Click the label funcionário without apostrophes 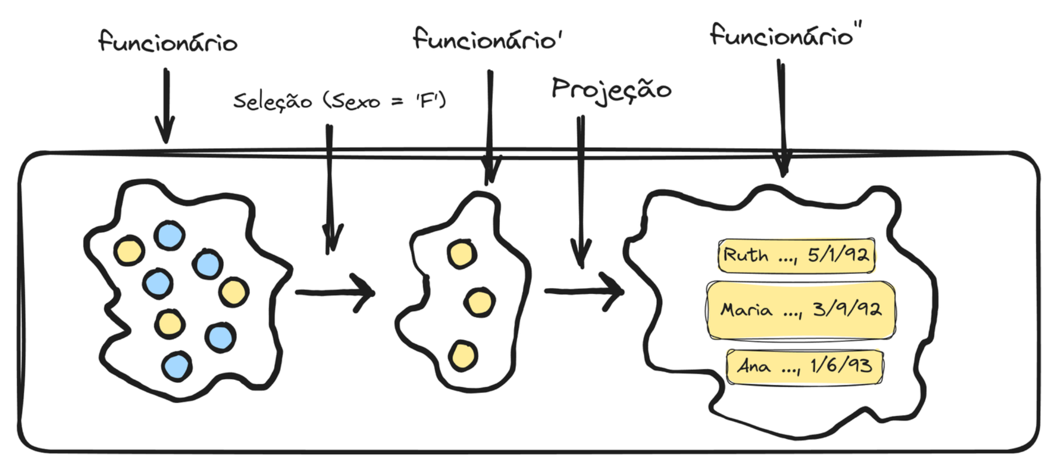coord(168,42)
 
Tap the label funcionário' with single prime coord(487,39)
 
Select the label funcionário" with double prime coord(785,36)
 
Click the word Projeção coord(611,90)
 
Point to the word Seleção coord(272,102)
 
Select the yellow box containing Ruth coord(796,256)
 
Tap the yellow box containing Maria coord(800,310)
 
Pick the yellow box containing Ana coord(805,366)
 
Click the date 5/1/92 coord(838,255)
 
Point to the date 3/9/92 coord(847,309)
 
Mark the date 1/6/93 coord(841,365)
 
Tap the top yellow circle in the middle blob coord(462,254)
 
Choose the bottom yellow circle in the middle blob coord(463,356)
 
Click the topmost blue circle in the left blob coord(169,236)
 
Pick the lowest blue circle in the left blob coord(177,366)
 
